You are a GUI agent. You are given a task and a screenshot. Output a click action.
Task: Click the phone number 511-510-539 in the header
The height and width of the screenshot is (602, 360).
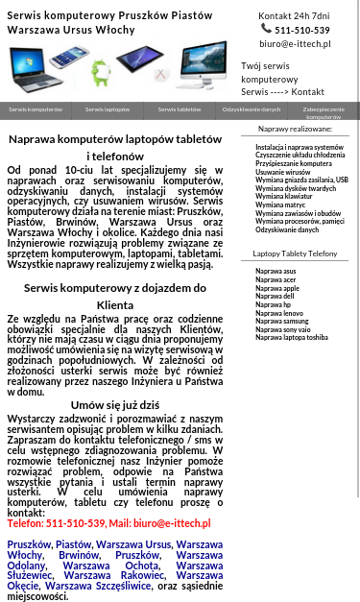(301, 30)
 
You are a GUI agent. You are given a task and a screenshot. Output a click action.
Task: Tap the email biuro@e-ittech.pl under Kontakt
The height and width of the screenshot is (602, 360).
(295, 44)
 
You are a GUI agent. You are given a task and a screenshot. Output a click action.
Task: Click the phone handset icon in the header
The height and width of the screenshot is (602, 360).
(266, 29)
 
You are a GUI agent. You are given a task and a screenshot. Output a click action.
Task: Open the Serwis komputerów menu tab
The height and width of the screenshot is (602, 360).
(36, 110)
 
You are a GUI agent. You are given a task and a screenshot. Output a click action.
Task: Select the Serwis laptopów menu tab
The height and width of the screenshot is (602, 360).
(108, 110)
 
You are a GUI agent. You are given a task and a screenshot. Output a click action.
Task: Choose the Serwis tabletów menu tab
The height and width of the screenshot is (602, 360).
(180, 110)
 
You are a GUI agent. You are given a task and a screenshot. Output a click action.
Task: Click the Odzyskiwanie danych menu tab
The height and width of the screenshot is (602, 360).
(252, 110)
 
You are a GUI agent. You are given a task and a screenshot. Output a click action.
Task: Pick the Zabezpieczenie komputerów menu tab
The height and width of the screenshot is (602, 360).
(324, 112)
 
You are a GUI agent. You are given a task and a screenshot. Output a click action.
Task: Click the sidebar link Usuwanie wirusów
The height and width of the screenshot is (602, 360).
(282, 172)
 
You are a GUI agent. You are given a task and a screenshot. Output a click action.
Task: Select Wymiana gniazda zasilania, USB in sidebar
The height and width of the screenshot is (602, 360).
(301, 180)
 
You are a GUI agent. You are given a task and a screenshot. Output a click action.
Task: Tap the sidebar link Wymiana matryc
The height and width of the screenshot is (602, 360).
(280, 205)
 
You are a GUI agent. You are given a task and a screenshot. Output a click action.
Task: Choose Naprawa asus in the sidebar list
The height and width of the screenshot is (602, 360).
(276, 271)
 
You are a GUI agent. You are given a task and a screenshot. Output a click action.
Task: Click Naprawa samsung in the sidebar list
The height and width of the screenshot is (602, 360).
(281, 321)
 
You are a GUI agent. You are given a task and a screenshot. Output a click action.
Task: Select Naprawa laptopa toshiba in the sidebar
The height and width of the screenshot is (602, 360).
(291, 337)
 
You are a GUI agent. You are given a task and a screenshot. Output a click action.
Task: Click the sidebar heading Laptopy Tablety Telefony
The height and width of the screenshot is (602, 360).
(295, 253)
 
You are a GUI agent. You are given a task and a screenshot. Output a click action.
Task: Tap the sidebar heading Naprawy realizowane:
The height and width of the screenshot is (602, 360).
(295, 128)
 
